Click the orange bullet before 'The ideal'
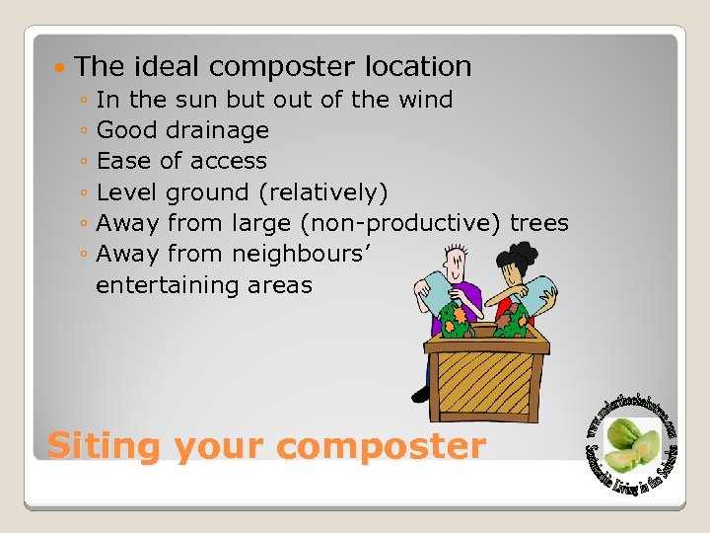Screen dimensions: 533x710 pyautogui.click(x=62, y=68)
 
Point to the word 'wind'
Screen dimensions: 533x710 pyautogui.click(x=425, y=100)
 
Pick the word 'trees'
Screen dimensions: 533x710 pyautogui.click(x=539, y=223)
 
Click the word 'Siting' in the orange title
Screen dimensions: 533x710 pyautogui.click(x=104, y=446)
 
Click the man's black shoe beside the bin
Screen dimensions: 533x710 pyautogui.click(x=421, y=394)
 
